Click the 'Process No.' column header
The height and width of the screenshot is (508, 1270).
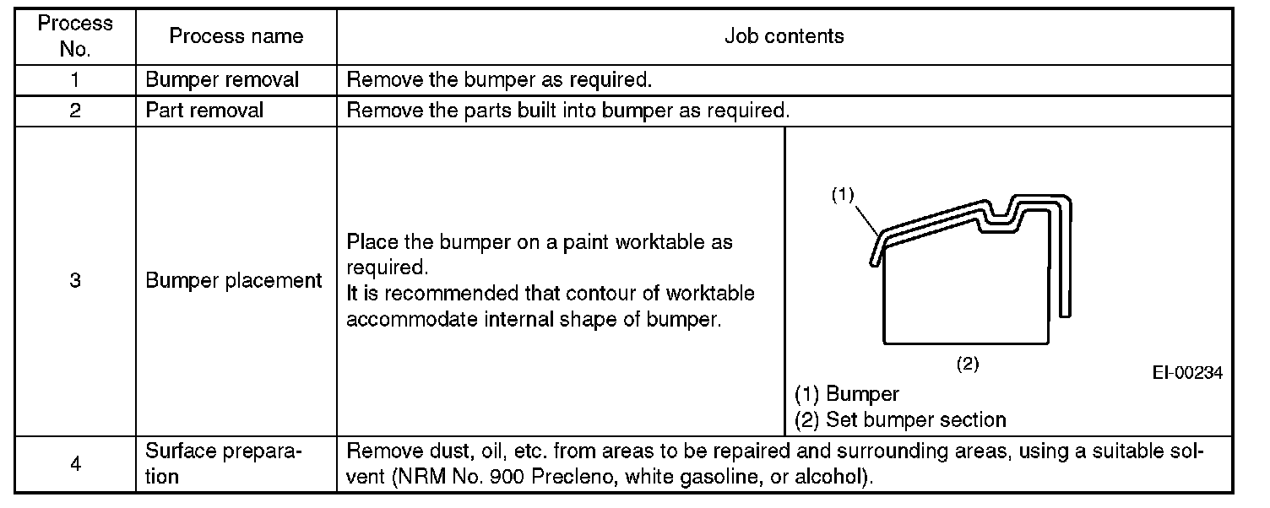point(75,36)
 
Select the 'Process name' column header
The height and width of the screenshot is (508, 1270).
point(236,36)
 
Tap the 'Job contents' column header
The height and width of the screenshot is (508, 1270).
point(783,36)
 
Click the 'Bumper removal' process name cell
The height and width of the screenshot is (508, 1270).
point(222,81)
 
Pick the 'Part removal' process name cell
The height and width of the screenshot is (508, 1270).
point(204,111)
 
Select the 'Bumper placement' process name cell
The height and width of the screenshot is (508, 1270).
point(234,282)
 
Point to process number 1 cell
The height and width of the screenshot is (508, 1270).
point(75,81)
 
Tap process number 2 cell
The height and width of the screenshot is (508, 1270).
point(75,111)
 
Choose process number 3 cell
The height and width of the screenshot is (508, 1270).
point(75,282)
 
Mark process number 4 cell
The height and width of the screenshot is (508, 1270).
point(75,463)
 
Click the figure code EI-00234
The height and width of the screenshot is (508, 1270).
point(1187,373)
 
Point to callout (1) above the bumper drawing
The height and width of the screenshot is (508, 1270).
point(843,195)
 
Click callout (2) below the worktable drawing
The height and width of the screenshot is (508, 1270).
point(967,364)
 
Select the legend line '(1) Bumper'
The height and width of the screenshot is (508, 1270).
point(847,394)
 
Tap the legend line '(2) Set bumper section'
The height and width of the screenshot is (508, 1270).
point(900,419)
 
